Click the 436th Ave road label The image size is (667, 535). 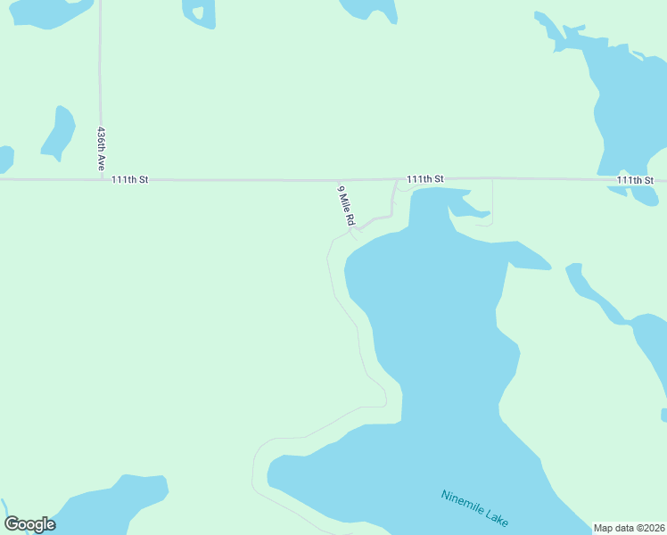click(103, 149)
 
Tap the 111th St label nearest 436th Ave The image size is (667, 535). click(130, 179)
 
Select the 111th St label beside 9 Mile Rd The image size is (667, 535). click(425, 179)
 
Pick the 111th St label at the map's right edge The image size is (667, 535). click(634, 180)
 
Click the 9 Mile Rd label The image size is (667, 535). click(346, 206)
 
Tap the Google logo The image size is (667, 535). click(29, 524)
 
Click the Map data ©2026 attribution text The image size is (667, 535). click(629, 528)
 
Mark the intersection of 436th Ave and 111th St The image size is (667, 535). click(101, 179)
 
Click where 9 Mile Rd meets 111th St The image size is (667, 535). click(396, 179)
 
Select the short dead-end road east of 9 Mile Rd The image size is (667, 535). click(492, 201)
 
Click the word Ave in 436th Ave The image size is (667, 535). click(102, 163)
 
